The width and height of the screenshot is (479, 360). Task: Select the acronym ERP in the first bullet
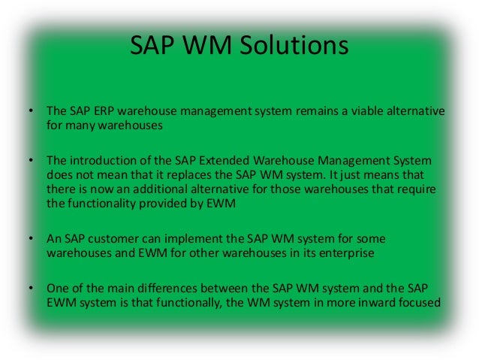103,112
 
